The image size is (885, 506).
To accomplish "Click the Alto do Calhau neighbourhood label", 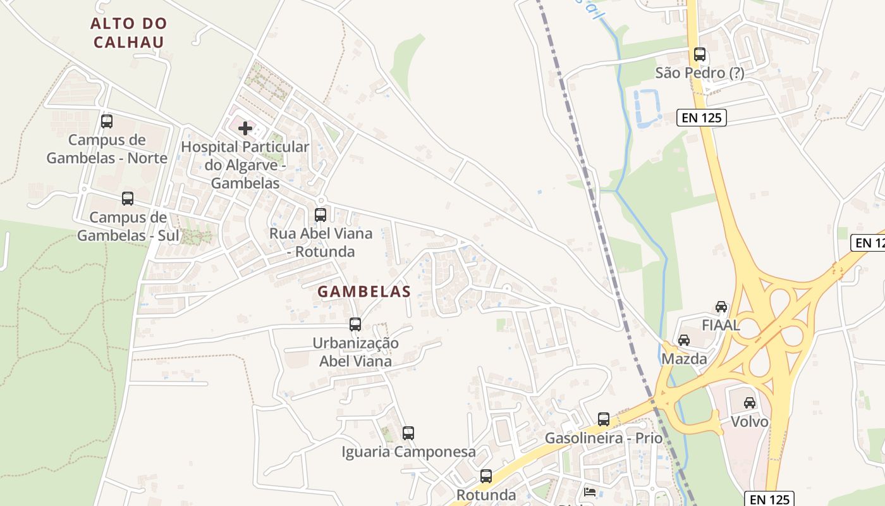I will pyautogui.click(x=128, y=33).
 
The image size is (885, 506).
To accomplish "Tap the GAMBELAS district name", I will pyautogui.click(x=364, y=292).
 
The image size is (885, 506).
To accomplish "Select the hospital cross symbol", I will pyautogui.click(x=245, y=128).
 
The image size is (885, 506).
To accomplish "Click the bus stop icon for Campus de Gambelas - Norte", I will pyautogui.click(x=107, y=121).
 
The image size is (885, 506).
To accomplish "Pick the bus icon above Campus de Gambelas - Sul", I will pyautogui.click(x=128, y=199).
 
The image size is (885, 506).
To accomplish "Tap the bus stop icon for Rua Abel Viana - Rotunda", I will pyautogui.click(x=320, y=215).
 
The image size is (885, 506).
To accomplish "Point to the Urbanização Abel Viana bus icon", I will pyautogui.click(x=355, y=324).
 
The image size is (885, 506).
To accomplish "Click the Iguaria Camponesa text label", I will pyautogui.click(x=408, y=452).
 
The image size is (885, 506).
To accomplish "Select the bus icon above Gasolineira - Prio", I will pyautogui.click(x=604, y=419).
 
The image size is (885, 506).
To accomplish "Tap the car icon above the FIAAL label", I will pyautogui.click(x=721, y=307).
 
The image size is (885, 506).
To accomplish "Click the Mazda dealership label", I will pyautogui.click(x=684, y=359).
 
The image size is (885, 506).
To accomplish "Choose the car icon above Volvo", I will pyautogui.click(x=750, y=403).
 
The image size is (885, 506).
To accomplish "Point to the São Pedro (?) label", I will pyautogui.click(x=700, y=73).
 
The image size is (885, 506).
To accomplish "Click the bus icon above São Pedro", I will pyautogui.click(x=700, y=54).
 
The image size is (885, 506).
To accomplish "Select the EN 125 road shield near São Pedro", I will pyautogui.click(x=701, y=117).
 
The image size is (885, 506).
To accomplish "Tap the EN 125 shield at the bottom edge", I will pyautogui.click(x=768, y=498).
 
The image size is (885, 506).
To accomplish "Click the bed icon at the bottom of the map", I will pyautogui.click(x=590, y=492).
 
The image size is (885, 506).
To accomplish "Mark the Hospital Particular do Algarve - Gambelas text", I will pyautogui.click(x=245, y=165).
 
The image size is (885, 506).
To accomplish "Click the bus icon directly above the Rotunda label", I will pyautogui.click(x=485, y=476).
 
